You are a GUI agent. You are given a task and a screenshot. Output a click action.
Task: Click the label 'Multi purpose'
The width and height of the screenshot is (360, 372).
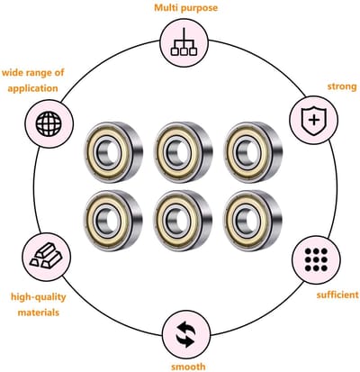(186, 7)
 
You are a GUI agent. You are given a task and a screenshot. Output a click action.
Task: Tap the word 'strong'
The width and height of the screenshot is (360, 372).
(342, 86)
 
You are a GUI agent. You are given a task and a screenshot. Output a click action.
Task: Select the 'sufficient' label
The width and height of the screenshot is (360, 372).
(337, 295)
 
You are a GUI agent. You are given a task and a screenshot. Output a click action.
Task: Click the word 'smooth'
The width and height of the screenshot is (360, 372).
(188, 367)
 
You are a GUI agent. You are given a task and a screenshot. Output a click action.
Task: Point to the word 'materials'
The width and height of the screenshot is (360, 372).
(39, 313)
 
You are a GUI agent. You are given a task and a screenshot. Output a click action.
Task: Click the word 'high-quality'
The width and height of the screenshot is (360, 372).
(39, 297)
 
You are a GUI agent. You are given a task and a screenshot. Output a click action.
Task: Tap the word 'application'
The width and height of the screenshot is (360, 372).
(32, 88)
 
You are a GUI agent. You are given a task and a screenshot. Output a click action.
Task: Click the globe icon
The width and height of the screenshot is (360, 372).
(49, 123)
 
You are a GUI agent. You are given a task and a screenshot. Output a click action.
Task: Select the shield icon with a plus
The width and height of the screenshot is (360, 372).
(314, 121)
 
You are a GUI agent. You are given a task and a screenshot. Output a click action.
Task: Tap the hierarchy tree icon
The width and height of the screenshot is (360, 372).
(184, 42)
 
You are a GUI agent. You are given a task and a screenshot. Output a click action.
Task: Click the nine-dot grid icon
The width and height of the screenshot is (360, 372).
(316, 259)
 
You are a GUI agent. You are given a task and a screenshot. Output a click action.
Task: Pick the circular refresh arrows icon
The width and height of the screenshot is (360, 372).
(186, 334)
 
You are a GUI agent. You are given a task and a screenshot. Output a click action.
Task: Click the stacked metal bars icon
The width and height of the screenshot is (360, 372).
(46, 256)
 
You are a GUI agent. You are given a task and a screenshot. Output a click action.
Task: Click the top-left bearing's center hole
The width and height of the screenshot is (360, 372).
(107, 152)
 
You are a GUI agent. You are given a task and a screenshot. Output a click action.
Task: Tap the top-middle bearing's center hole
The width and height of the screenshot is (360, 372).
(177, 152)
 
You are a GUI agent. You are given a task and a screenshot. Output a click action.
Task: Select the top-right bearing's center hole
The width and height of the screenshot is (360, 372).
(247, 152)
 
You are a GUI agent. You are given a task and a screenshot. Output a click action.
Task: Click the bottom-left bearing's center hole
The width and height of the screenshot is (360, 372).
(107, 220)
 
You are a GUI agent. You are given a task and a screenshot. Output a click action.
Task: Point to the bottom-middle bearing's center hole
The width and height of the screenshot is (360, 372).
(177, 221)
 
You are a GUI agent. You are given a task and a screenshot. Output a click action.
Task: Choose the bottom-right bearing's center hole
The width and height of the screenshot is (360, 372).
(247, 221)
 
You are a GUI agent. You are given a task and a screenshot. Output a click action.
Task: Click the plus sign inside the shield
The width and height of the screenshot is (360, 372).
(314, 121)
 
